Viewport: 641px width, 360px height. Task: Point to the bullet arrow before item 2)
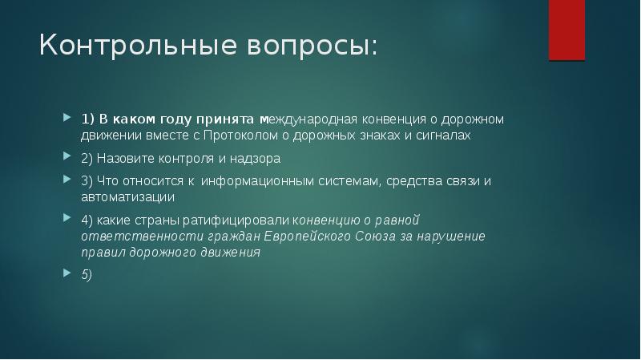[67, 159]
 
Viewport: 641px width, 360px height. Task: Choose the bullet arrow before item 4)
[67, 219]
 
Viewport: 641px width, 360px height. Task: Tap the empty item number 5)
[87, 273]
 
